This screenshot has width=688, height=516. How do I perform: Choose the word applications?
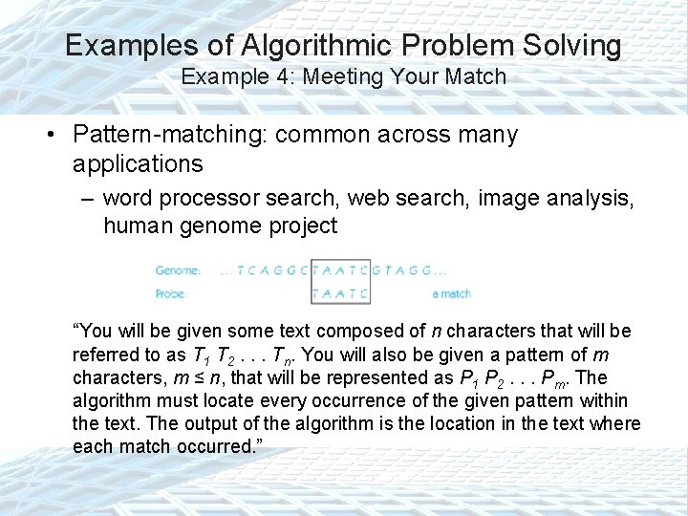[137, 163]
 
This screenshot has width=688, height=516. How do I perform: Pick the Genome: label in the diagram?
[178, 270]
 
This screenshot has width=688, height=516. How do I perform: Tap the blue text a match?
[451, 293]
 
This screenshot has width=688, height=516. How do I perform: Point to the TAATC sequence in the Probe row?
[340, 293]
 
